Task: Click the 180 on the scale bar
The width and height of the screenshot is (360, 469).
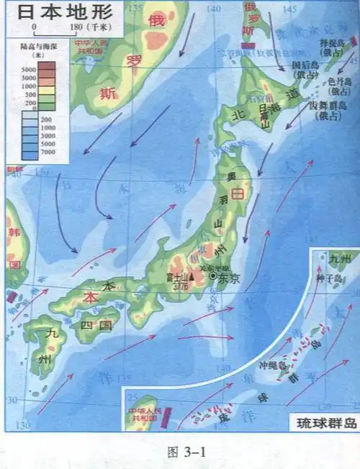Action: point(75,27)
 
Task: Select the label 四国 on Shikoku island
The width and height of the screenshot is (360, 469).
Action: point(98,324)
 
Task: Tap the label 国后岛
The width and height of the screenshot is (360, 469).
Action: point(310,65)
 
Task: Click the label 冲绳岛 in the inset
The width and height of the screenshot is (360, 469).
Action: point(277,363)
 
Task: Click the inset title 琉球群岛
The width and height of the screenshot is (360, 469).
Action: point(321,424)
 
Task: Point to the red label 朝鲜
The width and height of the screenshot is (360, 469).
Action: point(14,170)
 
